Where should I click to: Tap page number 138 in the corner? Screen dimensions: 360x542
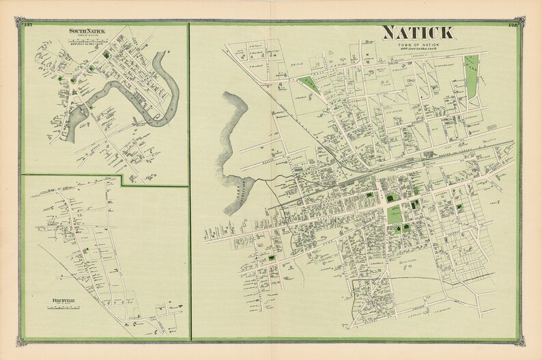[514, 26]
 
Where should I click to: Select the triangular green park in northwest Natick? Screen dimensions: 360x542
[306, 85]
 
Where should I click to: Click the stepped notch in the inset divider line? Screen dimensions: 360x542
[122, 180]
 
